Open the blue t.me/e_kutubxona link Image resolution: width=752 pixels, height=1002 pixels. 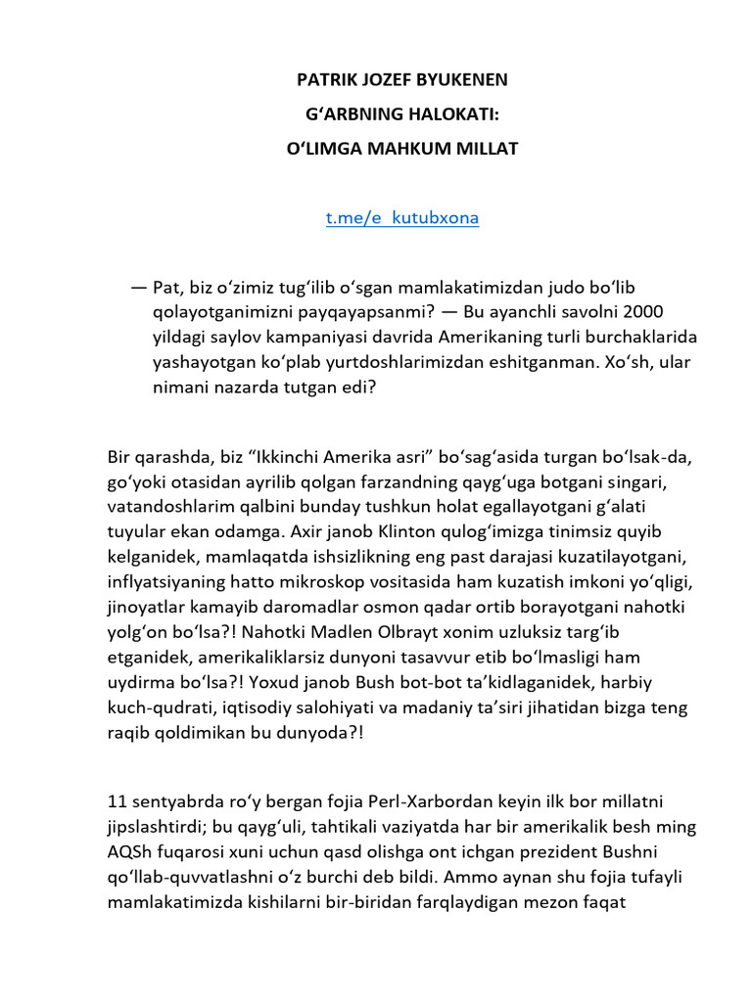coord(402,217)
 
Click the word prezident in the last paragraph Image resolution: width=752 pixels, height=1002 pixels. coord(579,851)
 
